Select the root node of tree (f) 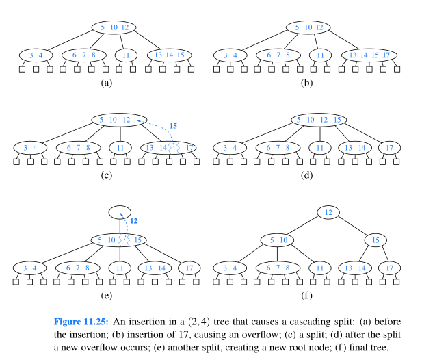pyautogui.click(x=328, y=213)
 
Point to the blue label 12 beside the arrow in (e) pyautogui.click(x=133, y=221)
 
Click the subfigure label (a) pyautogui.click(x=106, y=83)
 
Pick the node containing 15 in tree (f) pyautogui.click(x=376, y=240)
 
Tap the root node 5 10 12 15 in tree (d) pyautogui.click(x=318, y=120)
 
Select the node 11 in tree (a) pyautogui.click(x=126, y=55)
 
